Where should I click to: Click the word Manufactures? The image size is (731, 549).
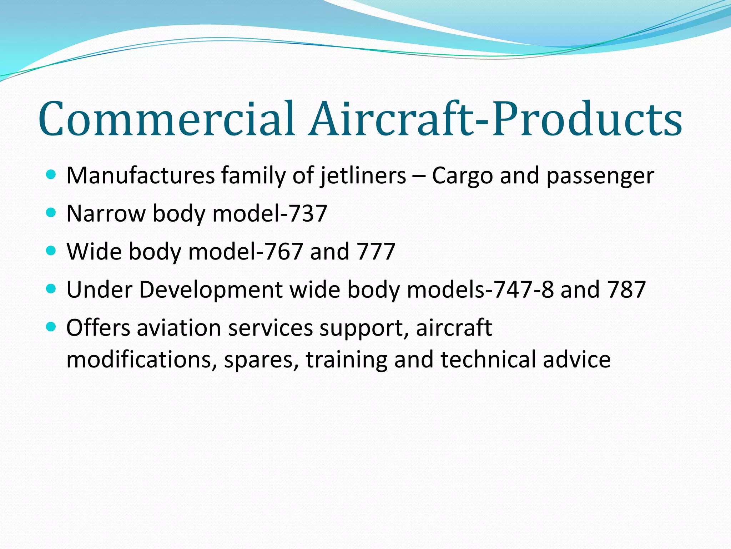pyautogui.click(x=141, y=176)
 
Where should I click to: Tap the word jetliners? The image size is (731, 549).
pyautogui.click(x=363, y=176)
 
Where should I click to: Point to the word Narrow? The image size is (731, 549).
pyautogui.click(x=106, y=213)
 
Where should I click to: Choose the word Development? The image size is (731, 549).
pyautogui.click(x=211, y=290)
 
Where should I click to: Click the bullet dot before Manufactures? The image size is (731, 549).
pyautogui.click(x=51, y=175)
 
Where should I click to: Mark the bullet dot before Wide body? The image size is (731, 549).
pyautogui.click(x=51, y=251)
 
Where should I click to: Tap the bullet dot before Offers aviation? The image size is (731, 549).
pyautogui.click(x=51, y=326)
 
